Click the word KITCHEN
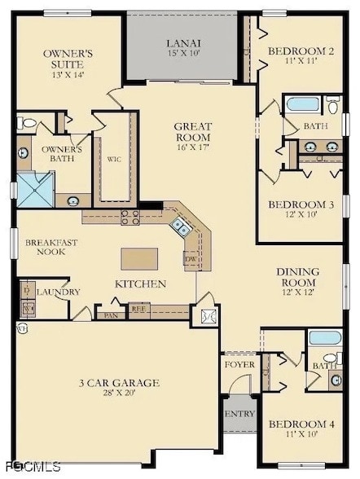(x=140, y=284)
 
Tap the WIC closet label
(x=114, y=160)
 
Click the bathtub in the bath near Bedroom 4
(x=319, y=338)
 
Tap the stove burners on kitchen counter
(x=130, y=216)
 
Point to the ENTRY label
(x=240, y=414)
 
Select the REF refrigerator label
(x=138, y=310)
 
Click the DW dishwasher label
(x=191, y=259)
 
